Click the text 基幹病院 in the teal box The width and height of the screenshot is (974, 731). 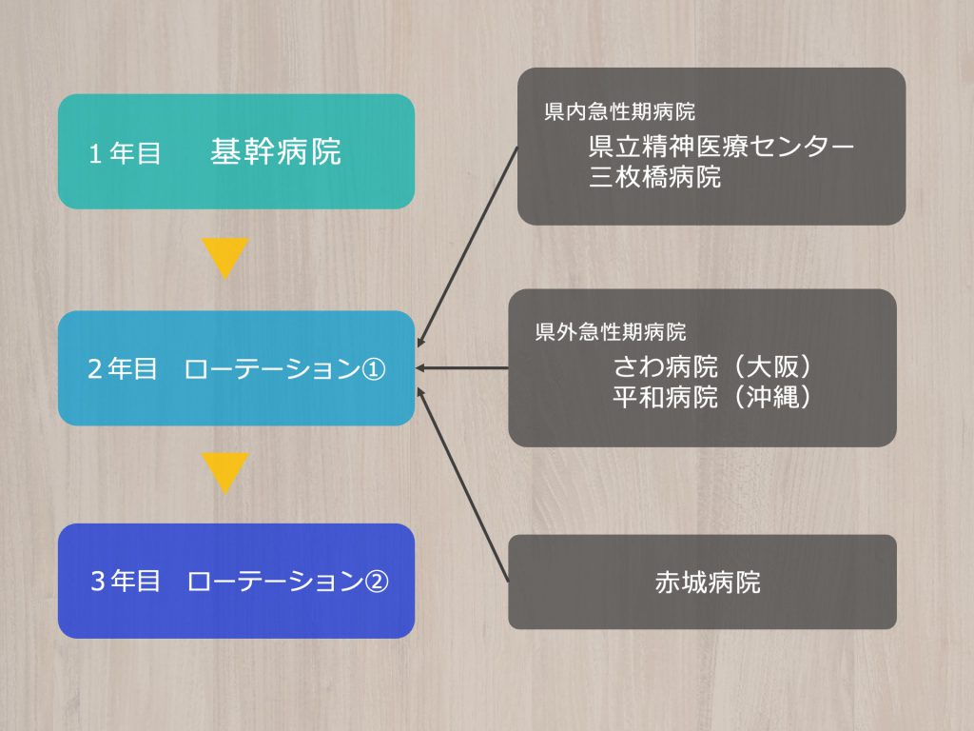tap(275, 151)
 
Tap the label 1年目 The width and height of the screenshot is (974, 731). tap(125, 153)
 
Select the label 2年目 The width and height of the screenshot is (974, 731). tap(122, 368)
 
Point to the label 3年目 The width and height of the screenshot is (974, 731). tap(125, 582)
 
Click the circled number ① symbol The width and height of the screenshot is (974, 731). tap(373, 369)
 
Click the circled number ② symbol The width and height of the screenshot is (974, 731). tap(376, 582)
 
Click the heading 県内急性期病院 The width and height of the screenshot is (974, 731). tap(619, 112)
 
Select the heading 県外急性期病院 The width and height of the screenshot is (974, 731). tap(610, 332)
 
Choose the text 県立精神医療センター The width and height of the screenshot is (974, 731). tap(721, 147)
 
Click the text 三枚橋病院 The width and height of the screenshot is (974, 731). tap(654, 177)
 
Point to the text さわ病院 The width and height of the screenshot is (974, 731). tap(665, 366)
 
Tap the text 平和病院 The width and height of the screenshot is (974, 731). tap(665, 397)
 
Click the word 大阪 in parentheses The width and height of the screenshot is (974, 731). tap(771, 366)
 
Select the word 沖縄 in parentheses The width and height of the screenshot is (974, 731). tap(771, 397)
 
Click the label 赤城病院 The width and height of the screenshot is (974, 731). tap(708, 583)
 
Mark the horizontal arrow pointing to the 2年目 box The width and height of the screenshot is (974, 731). tap(462, 368)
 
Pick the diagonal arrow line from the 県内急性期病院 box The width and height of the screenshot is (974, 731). tap(468, 247)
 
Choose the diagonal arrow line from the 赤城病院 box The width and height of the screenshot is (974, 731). tap(463, 484)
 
